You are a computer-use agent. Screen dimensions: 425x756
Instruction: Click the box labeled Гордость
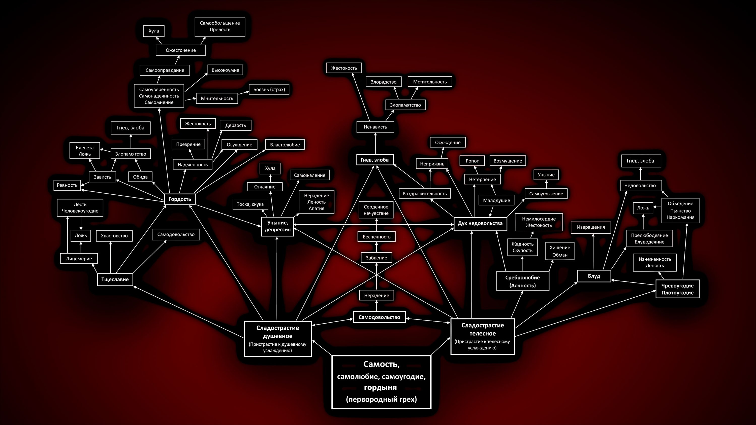click(180, 199)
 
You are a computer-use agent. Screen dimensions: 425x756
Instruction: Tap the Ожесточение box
click(180, 50)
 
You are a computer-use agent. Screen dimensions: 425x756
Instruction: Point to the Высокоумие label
click(225, 70)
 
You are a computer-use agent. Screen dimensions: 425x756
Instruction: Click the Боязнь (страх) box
click(269, 89)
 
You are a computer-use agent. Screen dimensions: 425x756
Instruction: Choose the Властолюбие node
click(285, 145)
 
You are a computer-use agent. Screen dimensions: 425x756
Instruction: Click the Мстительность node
click(430, 82)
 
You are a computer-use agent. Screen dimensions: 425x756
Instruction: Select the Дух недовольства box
click(480, 224)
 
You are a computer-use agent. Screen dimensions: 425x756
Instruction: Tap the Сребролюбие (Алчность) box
click(522, 281)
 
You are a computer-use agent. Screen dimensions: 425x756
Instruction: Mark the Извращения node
click(590, 227)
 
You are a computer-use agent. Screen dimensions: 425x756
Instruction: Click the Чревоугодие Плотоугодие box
click(677, 289)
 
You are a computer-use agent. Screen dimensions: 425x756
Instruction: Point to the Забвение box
click(376, 258)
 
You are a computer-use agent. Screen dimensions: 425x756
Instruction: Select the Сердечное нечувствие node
click(376, 210)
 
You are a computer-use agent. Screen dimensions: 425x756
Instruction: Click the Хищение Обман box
click(560, 251)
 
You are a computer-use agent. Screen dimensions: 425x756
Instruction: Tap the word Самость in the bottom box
click(381, 364)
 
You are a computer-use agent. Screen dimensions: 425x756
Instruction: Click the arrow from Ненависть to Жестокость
click(361, 97)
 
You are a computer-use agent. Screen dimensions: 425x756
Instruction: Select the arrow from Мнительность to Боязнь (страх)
click(243, 93)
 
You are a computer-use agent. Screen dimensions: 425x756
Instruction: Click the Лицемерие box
click(79, 259)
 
